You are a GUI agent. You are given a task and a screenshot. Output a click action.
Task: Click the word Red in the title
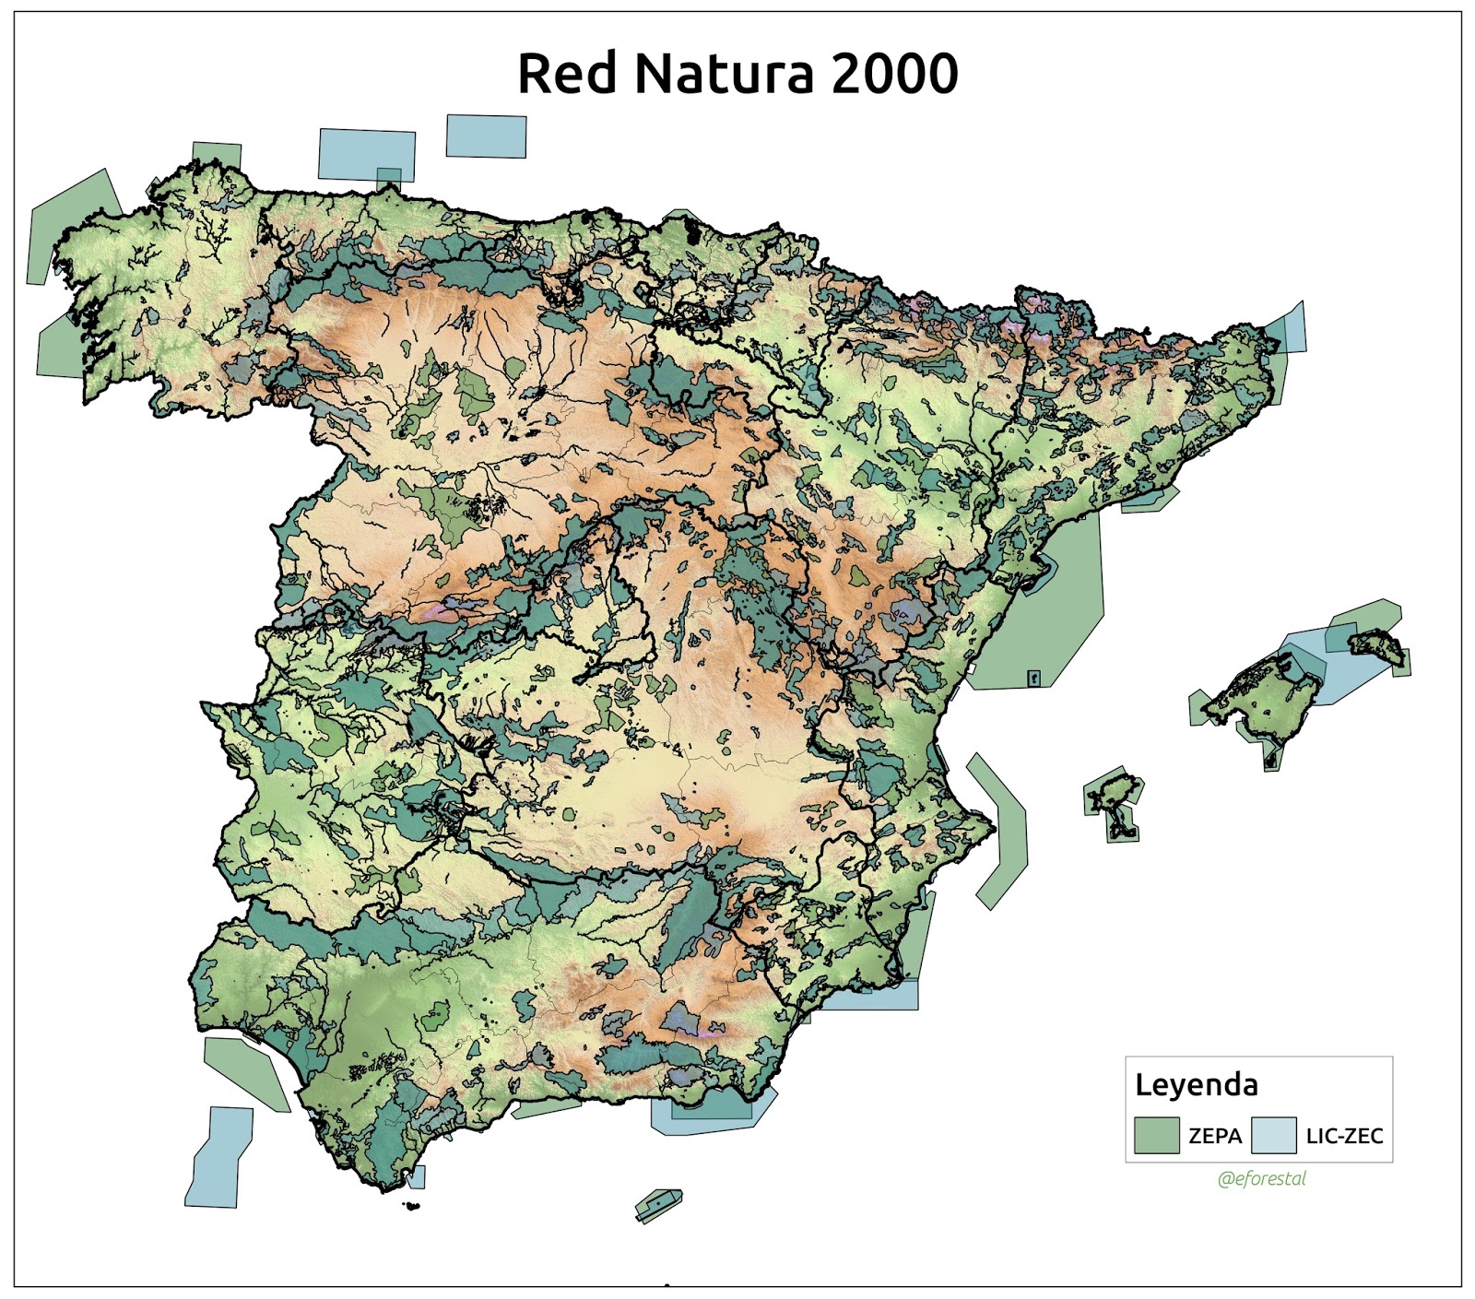566,74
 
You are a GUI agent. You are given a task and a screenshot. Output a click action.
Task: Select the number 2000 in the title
894,74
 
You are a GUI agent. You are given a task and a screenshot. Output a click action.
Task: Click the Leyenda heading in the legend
1196,1084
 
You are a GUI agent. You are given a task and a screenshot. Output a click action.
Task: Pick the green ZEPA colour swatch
1156,1135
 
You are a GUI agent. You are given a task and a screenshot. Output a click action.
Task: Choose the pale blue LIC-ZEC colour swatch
1273,1135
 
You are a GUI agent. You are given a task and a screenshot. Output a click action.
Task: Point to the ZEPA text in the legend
1215,1136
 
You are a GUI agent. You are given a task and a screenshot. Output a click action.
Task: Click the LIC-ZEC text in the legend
1344,1136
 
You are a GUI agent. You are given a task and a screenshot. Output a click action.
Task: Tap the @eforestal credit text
1261,1178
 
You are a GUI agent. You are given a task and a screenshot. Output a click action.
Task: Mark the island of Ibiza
1114,791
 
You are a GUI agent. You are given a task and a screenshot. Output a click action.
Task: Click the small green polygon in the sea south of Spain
659,1204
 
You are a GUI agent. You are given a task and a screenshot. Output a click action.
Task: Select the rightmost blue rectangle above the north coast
486,136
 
